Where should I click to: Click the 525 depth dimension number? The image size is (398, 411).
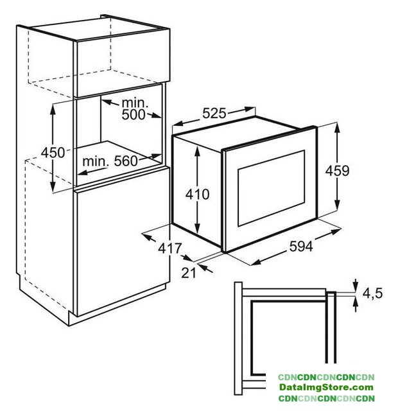coord(214,114)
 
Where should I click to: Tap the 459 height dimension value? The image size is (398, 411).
coord(337,171)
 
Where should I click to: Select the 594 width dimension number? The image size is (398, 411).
coord(301,247)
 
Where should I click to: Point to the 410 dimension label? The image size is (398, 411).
coord(197,195)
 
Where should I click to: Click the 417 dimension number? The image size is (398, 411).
coord(169,249)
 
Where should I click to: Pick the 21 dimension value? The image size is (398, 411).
coord(189,273)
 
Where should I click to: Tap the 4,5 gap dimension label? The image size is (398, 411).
coord(372,293)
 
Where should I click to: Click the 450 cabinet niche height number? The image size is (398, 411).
coord(53,152)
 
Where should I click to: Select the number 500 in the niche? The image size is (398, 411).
coord(134,114)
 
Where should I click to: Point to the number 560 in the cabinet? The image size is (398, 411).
coord(126,161)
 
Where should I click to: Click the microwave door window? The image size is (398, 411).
coord(271,188)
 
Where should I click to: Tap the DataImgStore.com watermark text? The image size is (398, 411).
coord(326,387)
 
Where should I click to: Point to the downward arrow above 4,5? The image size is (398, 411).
coord(356,286)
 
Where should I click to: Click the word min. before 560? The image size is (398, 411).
coord(96,161)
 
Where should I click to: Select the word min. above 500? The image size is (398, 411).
coord(135,103)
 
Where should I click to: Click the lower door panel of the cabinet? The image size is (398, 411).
coord(122,241)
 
